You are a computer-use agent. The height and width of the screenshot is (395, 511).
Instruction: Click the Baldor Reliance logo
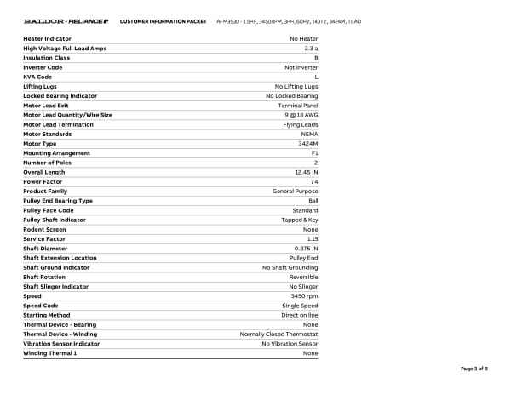[65, 20]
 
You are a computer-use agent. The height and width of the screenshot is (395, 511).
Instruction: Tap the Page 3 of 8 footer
[474, 369]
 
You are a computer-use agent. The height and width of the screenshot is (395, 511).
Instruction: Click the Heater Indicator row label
[47, 39]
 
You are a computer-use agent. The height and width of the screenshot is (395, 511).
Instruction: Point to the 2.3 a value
[311, 49]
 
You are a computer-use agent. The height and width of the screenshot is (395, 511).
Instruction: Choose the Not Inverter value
[301, 67]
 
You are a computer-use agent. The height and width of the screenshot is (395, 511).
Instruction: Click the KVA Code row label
[37, 77]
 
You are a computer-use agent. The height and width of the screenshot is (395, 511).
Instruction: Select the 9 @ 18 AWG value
[300, 115]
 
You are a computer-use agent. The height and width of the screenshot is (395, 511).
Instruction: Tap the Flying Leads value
[301, 124]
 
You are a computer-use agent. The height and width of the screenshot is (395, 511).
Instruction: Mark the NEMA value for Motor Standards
[310, 134]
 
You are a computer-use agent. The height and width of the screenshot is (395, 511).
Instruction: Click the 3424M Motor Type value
[308, 143]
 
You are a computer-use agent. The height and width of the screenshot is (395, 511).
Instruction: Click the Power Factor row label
[43, 181]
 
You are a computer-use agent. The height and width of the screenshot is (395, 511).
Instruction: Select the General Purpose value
[296, 191]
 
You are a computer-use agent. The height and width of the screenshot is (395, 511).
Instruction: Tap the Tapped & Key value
[298, 220]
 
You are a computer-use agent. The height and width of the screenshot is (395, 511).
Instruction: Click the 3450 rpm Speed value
[304, 295]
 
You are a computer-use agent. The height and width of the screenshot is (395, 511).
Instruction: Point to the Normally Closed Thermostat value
[279, 334]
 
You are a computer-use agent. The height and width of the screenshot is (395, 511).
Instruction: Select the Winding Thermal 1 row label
[49, 352]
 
